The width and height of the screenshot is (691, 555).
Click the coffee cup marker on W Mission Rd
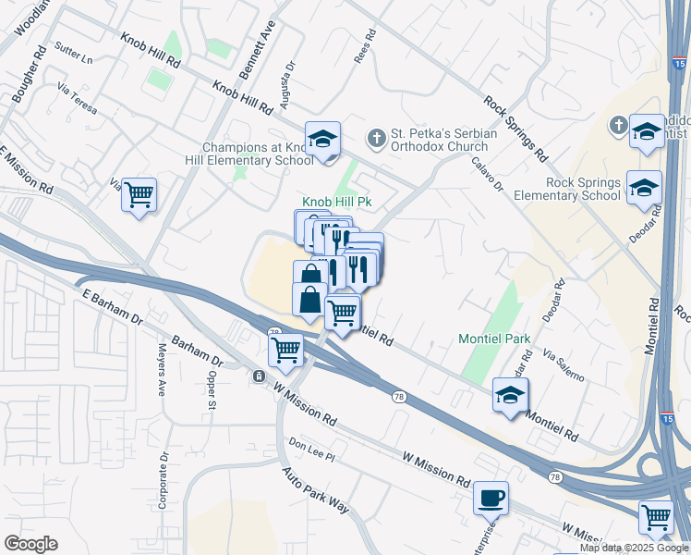pos(491,498)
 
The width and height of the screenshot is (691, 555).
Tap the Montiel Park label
pos(494,339)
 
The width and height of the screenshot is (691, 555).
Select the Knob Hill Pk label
pos(337,203)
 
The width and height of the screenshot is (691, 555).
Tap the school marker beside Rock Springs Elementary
pos(644,188)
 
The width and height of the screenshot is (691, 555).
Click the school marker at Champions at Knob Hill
pos(322,140)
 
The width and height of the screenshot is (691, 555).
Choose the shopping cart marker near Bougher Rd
pos(139,195)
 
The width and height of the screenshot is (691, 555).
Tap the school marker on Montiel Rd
pos(510,395)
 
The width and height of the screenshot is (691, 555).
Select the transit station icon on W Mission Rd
pos(259,376)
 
